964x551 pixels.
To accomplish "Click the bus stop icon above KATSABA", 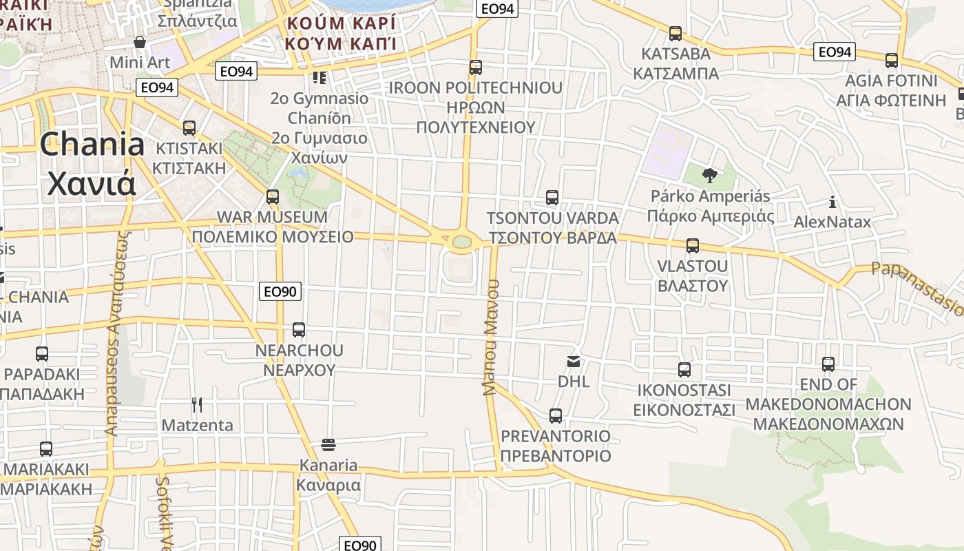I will point(675,33).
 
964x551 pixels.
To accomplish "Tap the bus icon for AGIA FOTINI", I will point(892,60).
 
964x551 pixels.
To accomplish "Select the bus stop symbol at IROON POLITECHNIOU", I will point(475,67).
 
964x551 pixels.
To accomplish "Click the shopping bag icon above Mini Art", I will point(140,42).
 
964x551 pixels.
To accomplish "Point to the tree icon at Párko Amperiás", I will point(709,176).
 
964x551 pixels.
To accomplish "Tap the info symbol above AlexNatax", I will point(832,202).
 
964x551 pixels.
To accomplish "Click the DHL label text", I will point(574,381).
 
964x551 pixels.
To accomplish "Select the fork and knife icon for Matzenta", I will point(197,404).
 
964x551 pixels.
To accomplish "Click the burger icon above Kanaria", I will point(328,444).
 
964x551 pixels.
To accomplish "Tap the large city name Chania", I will point(92,145).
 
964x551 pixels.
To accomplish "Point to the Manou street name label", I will point(490,337).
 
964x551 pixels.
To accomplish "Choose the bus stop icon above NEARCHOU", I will point(299,329).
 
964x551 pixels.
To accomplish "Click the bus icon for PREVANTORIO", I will point(555,415).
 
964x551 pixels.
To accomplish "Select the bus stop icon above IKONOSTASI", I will point(684,370).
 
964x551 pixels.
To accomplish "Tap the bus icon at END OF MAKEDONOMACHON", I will point(828,364).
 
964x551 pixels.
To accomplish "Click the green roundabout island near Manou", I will point(462,242).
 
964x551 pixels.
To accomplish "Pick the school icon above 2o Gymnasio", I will point(319,77).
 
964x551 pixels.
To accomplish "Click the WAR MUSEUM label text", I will point(273,217).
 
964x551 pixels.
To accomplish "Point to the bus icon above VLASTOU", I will point(692,245).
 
